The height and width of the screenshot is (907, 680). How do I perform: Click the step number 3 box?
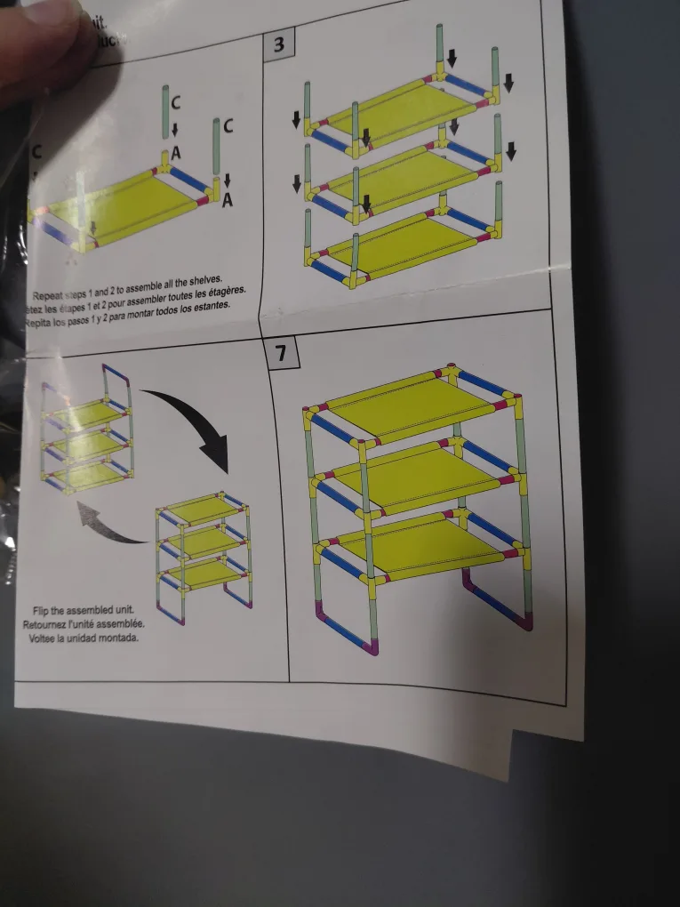click(278, 45)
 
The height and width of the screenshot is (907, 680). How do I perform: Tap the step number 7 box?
click(281, 353)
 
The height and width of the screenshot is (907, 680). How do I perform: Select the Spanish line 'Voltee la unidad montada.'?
click(82, 638)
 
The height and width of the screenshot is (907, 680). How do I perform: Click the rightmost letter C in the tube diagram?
click(228, 126)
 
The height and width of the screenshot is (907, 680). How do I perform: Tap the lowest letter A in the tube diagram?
click(227, 201)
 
